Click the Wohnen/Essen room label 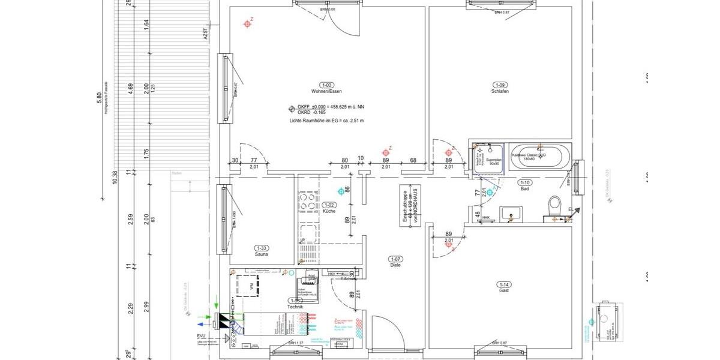tap(326, 91)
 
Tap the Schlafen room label tap(500, 91)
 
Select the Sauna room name tap(261, 254)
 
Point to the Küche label tap(328, 212)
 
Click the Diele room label tap(395, 265)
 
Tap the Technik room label tap(295, 307)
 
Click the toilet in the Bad tap(554, 205)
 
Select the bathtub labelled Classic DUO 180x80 tap(536, 158)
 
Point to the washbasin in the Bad tap(512, 213)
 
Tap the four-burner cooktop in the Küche tap(309, 202)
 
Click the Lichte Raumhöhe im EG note tap(326, 121)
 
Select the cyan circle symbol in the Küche tap(342, 191)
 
